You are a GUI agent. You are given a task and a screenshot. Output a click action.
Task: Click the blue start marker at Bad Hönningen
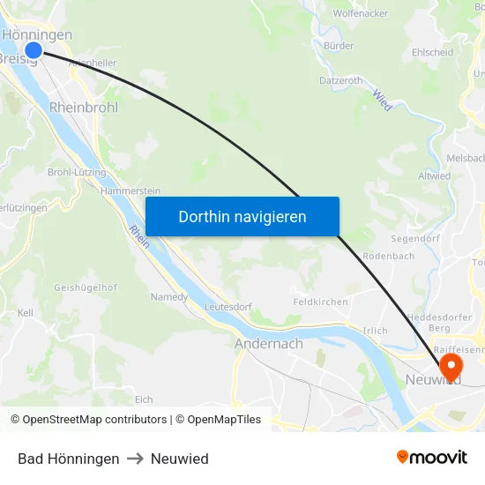pyautogui.click(x=34, y=50)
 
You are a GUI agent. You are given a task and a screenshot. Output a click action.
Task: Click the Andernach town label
pyautogui.click(x=269, y=344)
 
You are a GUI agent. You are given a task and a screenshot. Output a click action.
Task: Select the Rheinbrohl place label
pyautogui.click(x=84, y=107)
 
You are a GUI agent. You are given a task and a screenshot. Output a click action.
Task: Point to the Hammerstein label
pyautogui.click(x=131, y=190)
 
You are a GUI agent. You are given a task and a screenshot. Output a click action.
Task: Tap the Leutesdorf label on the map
pyautogui.click(x=228, y=307)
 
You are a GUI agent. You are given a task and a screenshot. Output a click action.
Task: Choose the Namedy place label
pyautogui.click(x=169, y=297)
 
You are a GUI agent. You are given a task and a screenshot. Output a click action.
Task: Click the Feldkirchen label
pyautogui.click(x=320, y=302)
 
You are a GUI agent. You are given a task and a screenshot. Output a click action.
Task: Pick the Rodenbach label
pyautogui.click(x=389, y=257)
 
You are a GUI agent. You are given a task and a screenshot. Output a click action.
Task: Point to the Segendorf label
pyautogui.click(x=415, y=239)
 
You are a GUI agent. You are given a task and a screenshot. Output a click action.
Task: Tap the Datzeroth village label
pyautogui.click(x=340, y=80)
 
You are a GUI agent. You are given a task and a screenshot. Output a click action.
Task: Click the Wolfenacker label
pyautogui.click(x=362, y=14)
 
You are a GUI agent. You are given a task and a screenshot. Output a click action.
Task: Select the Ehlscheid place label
pyautogui.click(x=432, y=53)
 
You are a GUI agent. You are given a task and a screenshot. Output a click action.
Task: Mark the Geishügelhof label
pyautogui.click(x=86, y=287)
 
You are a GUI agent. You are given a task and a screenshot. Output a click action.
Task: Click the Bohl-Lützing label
pyautogui.click(x=77, y=172)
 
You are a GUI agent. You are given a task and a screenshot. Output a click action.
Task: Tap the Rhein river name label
pyautogui.click(x=138, y=235)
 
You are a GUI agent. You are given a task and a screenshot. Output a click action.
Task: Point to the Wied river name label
pyautogui.click(x=381, y=100)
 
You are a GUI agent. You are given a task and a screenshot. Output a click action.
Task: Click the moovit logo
pyautogui.click(x=431, y=458)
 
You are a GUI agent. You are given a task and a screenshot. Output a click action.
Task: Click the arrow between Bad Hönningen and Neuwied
pyautogui.click(x=135, y=459)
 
